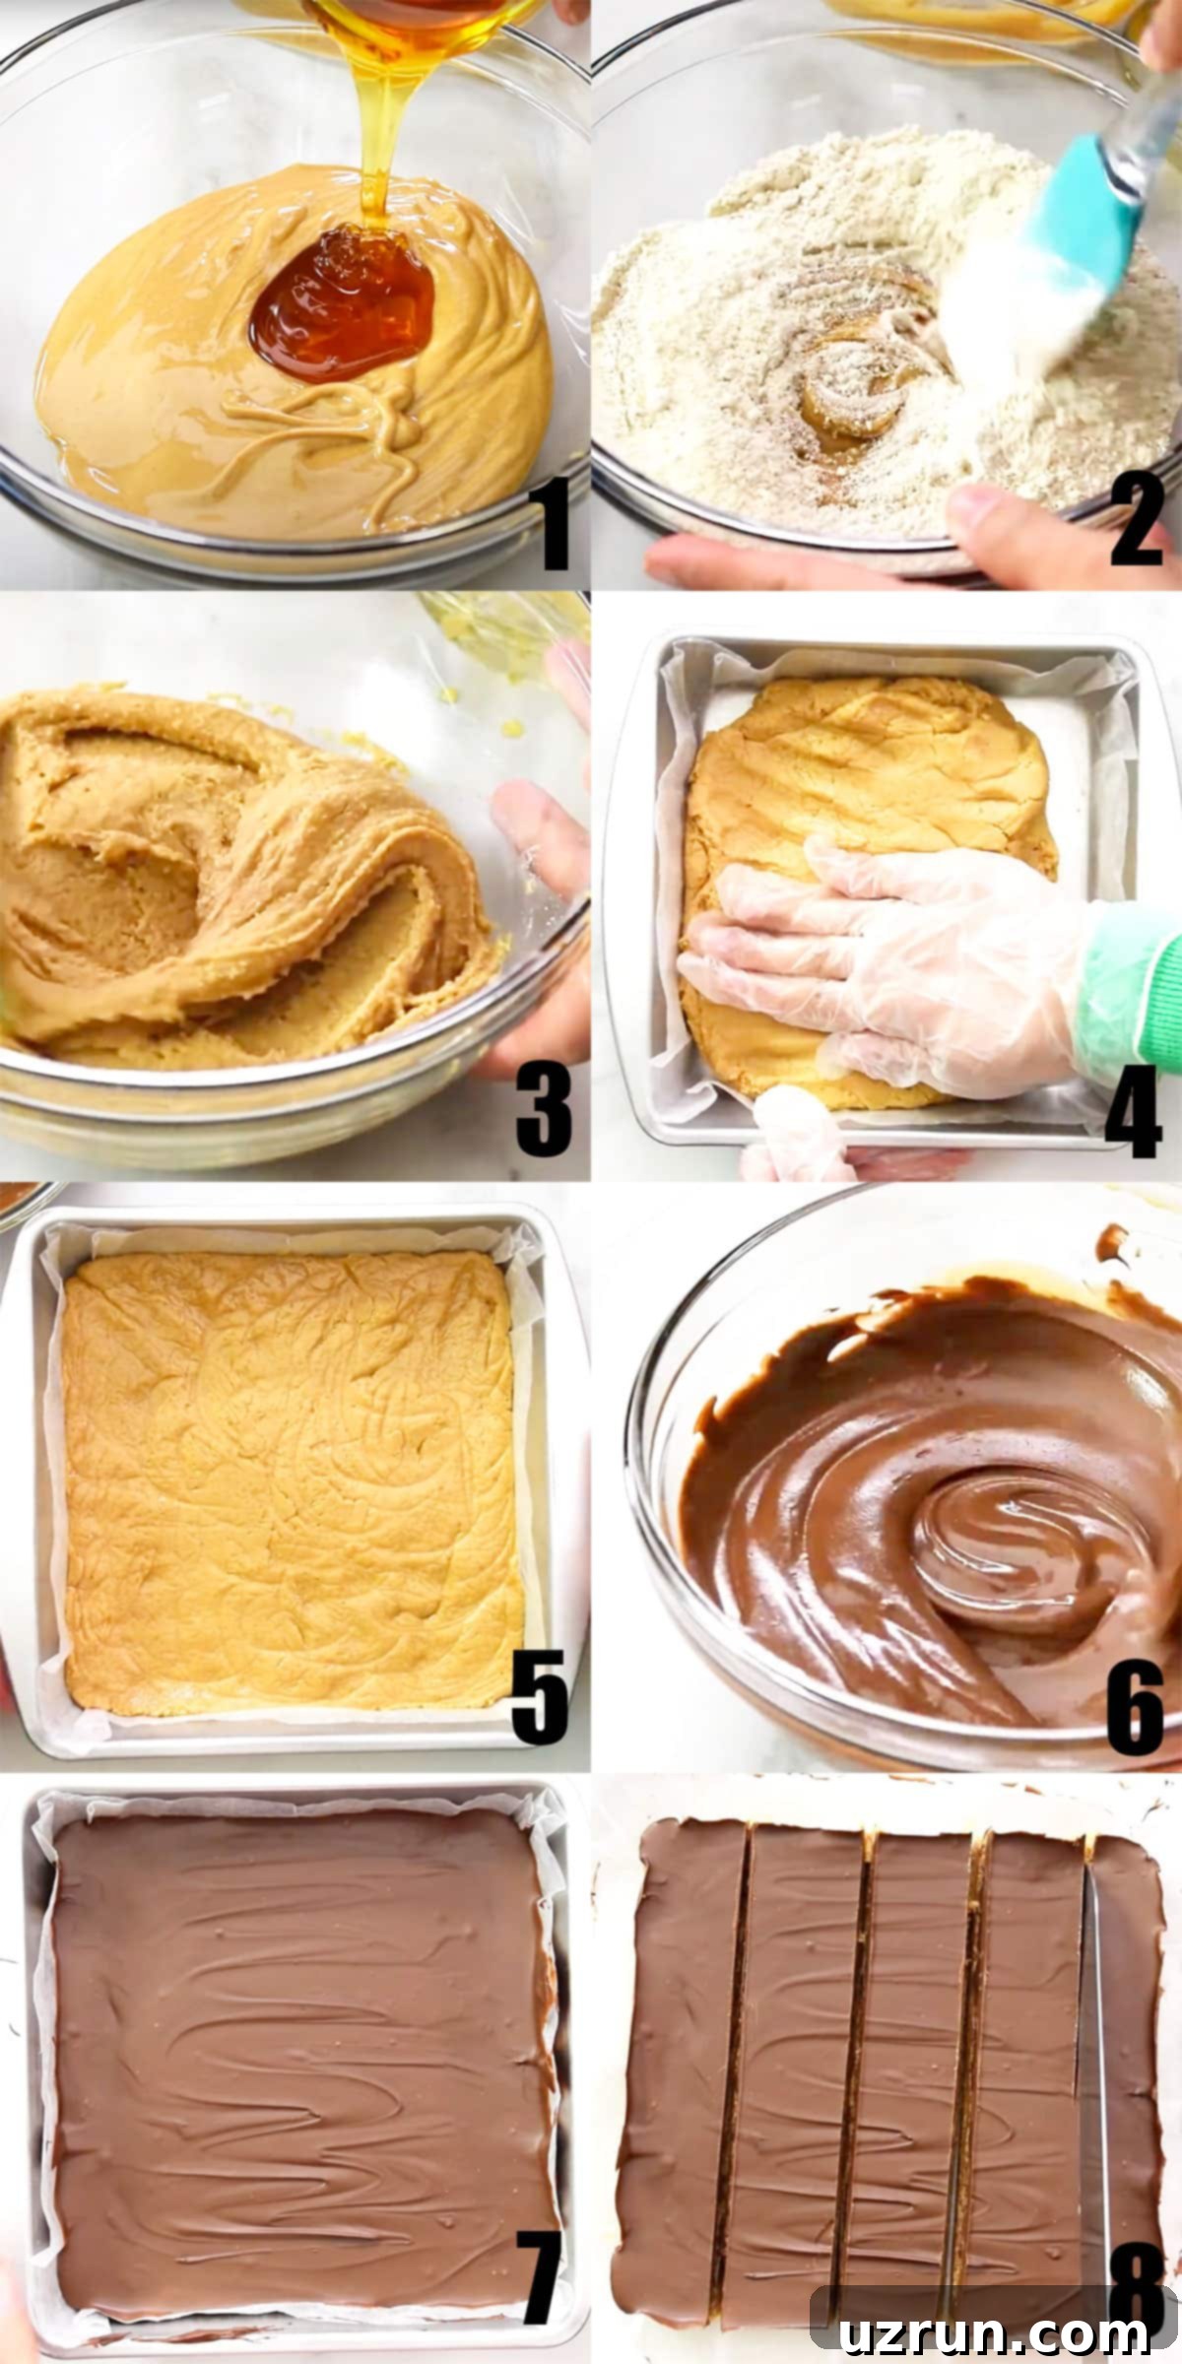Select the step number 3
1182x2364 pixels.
tap(544, 1110)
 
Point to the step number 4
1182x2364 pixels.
tap(1133, 1110)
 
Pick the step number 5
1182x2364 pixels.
tap(540, 1696)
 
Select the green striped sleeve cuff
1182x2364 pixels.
tap(1133, 995)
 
